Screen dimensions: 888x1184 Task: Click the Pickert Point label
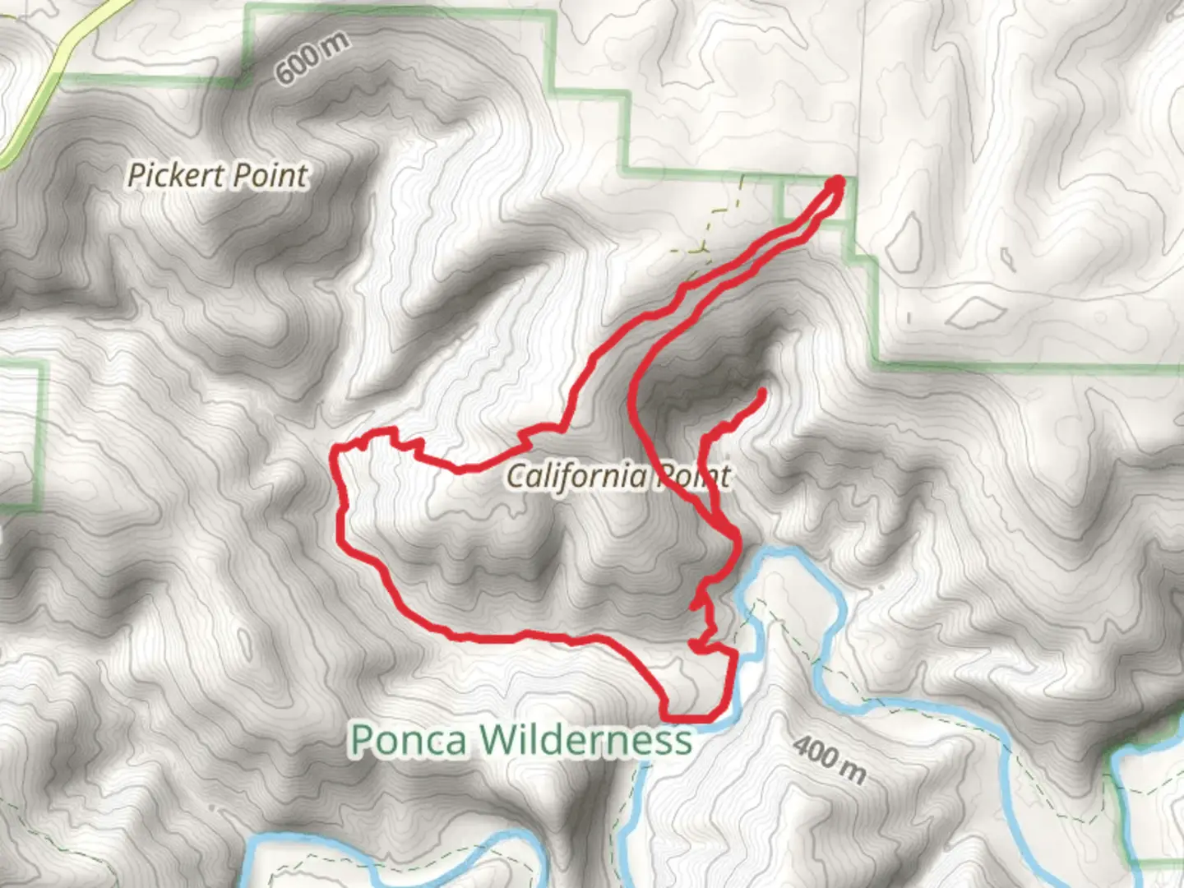pos(218,175)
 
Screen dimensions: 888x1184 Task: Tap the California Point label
pos(617,475)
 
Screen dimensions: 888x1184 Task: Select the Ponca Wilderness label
pos(521,739)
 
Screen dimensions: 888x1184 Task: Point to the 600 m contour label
pos(312,59)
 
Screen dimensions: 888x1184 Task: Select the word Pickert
pos(176,175)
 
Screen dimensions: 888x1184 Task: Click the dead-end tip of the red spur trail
pos(763,393)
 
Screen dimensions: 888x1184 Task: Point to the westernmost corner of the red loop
pos(335,450)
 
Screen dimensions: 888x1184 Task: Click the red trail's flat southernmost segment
pos(695,718)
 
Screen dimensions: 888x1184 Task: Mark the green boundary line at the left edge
pos(39,436)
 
